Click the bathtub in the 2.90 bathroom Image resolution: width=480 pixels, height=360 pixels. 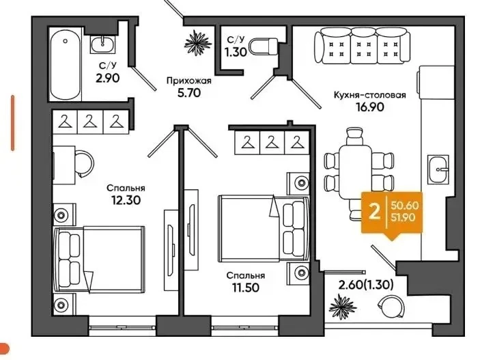click(66, 64)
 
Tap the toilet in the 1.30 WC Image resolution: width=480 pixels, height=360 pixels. click(264, 47)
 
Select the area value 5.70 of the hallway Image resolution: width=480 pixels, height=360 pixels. click(189, 92)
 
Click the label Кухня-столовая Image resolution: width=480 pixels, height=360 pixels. click(370, 95)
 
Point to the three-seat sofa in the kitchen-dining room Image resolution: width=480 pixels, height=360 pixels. click(362, 45)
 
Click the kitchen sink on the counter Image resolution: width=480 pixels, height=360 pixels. click(438, 169)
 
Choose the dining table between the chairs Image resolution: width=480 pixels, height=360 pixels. click(356, 172)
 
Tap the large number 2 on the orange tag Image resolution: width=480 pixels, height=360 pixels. click(374, 212)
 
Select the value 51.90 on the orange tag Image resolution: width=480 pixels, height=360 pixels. click(403, 217)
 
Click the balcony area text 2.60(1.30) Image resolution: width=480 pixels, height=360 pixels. click(365, 285)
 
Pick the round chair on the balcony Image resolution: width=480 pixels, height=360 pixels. click(391, 306)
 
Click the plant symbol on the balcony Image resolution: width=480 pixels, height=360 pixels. click(343, 307)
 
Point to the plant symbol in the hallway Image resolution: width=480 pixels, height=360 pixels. click(198, 43)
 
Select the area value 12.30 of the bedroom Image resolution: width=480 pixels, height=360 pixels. click(126, 200)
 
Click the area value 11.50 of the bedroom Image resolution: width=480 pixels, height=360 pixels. click(245, 288)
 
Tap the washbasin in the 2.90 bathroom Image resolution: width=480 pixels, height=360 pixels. click(102, 44)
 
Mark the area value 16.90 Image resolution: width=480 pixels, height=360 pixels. click(370, 107)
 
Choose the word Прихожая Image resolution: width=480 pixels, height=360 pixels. click(189, 81)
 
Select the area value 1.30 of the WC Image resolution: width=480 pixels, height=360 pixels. click(236, 53)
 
